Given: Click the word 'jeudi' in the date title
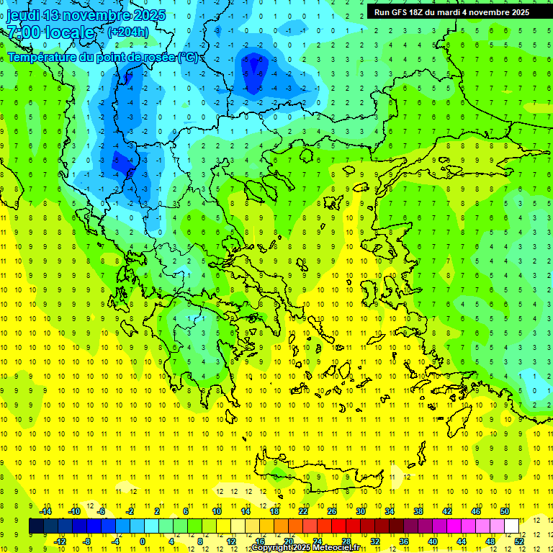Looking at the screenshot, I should pos(22,15).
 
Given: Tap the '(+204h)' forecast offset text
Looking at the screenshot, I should pos(128,32).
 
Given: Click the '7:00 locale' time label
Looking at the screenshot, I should pos(51,32).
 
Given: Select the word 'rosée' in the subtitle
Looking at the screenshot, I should pos(159,58).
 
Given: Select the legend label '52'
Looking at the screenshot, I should pos(518,541).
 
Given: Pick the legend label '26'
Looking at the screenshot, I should pos(332,511).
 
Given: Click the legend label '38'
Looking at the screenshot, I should pos(418,511).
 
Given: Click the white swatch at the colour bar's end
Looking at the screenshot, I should pos(511,526).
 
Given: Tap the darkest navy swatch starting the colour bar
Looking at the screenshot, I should pos(36,526).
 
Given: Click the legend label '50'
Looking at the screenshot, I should pos(504,511).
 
